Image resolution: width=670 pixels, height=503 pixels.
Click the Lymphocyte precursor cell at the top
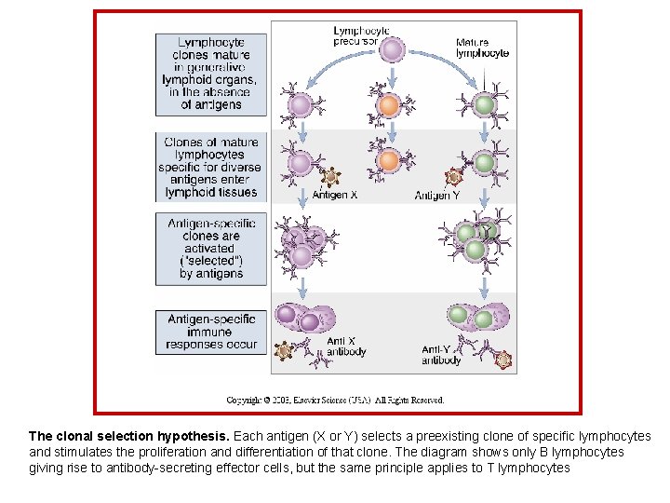tap(393, 51)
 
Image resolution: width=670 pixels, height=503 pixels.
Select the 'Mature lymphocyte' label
tap(482, 48)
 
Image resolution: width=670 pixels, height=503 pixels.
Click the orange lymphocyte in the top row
tap(391, 104)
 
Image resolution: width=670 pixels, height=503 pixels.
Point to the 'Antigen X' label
tap(334, 196)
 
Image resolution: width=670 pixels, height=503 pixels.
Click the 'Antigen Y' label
tap(437, 196)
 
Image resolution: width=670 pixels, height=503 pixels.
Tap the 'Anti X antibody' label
tap(346, 347)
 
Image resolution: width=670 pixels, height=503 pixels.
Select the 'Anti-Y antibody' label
tap(441, 355)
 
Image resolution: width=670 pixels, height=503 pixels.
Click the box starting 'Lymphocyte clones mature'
tap(211, 74)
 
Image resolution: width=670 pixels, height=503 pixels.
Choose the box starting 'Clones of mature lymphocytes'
tap(211, 167)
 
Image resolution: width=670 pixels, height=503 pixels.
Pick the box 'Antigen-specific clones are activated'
tap(211, 249)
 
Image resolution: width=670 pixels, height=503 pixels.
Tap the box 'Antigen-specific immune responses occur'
tap(211, 332)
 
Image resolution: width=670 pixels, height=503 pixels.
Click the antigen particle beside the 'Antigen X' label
tap(328, 177)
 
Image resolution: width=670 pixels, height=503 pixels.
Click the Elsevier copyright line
tap(335, 400)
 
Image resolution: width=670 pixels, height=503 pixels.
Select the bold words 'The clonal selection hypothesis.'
tap(128, 436)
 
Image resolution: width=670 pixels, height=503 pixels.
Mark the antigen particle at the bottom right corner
tap(503, 359)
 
